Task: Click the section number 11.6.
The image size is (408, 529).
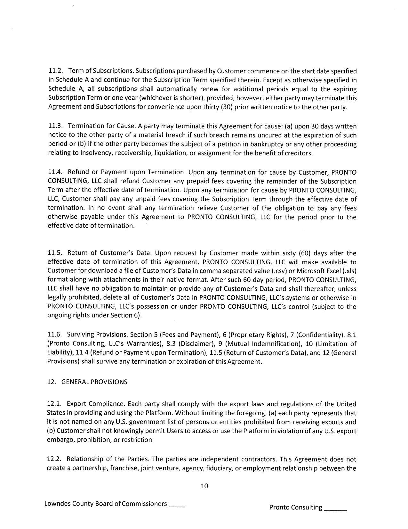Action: click(54, 335)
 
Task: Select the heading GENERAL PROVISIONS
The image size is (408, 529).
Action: click(94, 382)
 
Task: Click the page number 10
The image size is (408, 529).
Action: click(204, 486)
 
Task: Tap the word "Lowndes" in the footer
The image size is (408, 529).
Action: click(57, 504)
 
